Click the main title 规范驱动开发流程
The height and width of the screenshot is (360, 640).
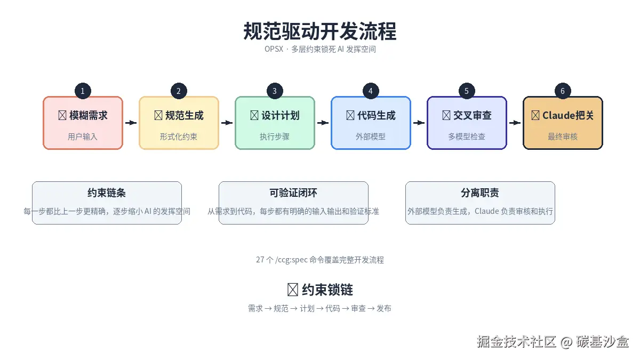(320, 31)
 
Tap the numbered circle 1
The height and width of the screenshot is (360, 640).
(83, 91)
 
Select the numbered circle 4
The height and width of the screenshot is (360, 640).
(371, 91)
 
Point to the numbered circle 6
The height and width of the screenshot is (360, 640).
(563, 91)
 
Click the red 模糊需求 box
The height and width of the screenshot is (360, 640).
(83, 123)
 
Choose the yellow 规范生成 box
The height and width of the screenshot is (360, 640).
(179, 123)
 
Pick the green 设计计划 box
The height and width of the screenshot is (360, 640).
(275, 123)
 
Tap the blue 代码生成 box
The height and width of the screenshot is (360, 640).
(371, 123)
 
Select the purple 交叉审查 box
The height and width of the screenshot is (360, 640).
(467, 123)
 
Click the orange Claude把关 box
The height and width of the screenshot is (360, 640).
(563, 123)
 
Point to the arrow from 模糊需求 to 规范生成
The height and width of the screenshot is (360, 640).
(131, 123)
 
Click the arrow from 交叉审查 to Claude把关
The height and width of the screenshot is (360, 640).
(515, 123)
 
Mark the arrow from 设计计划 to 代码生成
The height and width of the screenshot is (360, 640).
(323, 123)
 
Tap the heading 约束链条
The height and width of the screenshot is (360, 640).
(107, 193)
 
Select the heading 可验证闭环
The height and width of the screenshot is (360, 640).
(293, 193)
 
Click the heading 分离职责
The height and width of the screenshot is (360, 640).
(480, 193)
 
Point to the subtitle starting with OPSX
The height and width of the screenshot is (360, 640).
(320, 49)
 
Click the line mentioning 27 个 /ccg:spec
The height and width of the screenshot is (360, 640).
(320, 260)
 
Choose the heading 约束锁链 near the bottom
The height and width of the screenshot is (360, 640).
(320, 290)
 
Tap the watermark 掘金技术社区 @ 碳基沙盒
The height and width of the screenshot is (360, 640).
(553, 342)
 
